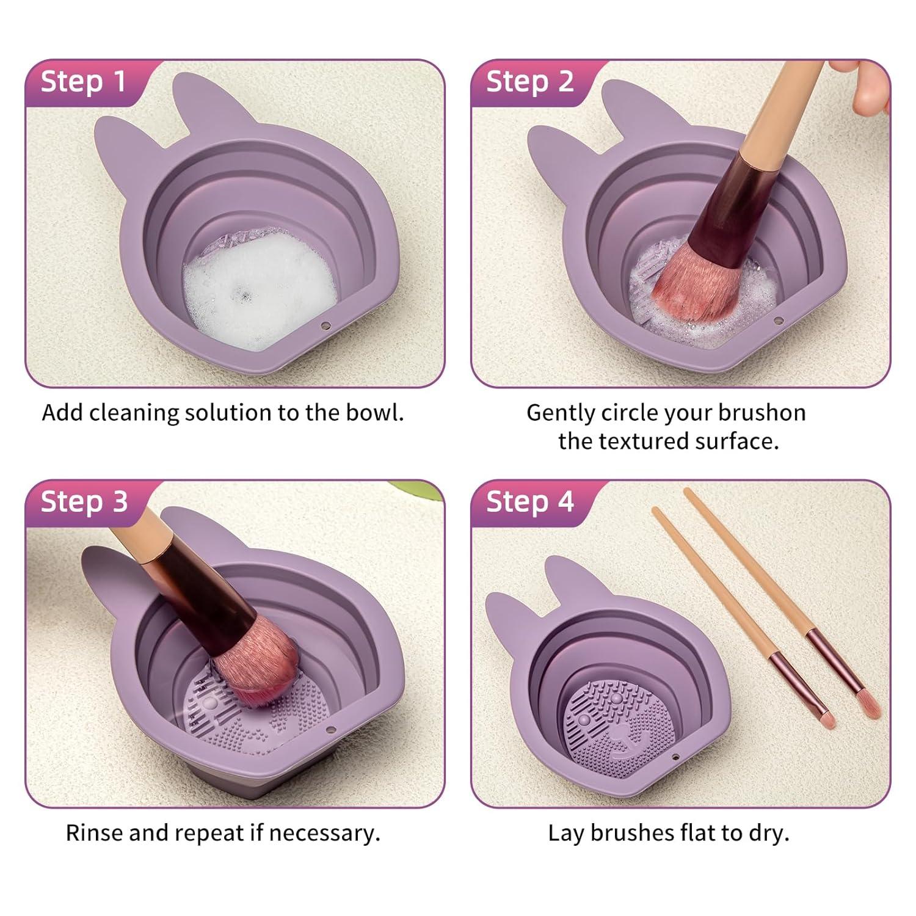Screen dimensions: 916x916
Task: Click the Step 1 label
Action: (83, 82)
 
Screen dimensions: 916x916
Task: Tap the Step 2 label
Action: (529, 82)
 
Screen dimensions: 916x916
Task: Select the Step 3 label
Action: (84, 502)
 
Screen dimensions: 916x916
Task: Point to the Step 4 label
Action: (529, 502)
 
